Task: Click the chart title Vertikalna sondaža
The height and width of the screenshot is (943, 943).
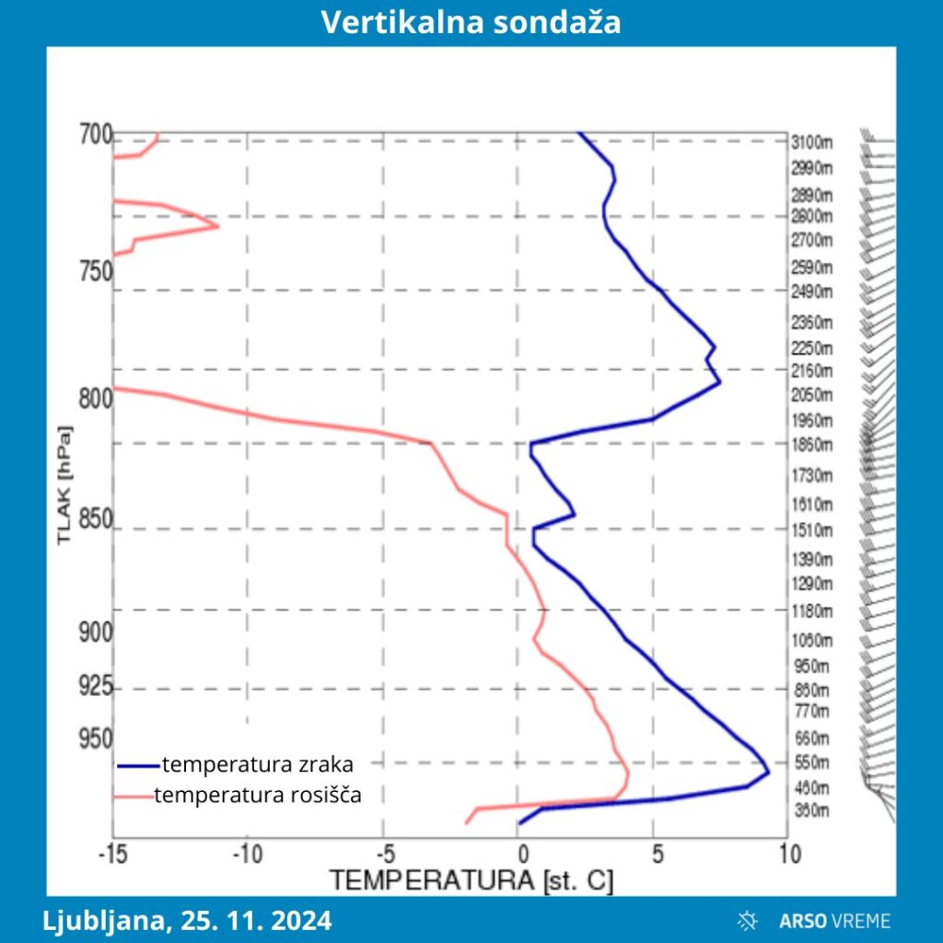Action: point(471,23)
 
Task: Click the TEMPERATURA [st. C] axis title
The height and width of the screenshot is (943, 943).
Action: point(471,880)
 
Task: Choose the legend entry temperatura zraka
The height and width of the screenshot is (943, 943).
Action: point(257,763)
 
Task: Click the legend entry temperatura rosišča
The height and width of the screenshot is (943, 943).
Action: point(257,795)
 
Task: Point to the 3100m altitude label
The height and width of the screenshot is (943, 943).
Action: point(811,142)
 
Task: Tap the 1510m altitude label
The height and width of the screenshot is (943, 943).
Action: point(811,530)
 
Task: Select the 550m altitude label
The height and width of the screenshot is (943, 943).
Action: point(811,763)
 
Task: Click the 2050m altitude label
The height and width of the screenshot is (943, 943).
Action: point(811,395)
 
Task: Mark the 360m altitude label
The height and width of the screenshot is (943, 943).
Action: point(811,811)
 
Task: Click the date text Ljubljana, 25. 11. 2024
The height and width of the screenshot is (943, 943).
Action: point(187,920)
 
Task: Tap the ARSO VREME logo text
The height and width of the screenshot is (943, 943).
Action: point(834,920)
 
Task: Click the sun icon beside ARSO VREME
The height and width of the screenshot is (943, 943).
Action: point(748,919)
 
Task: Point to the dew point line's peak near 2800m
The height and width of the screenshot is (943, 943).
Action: point(217,226)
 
